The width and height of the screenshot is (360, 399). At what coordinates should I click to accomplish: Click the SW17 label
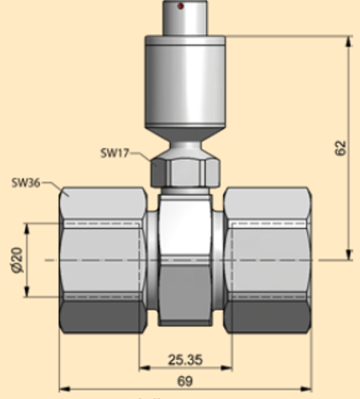tap(115, 152)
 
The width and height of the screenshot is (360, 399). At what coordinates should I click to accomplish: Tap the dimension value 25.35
tap(188, 360)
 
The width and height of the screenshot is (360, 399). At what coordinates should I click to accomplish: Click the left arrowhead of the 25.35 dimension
tap(143, 370)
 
